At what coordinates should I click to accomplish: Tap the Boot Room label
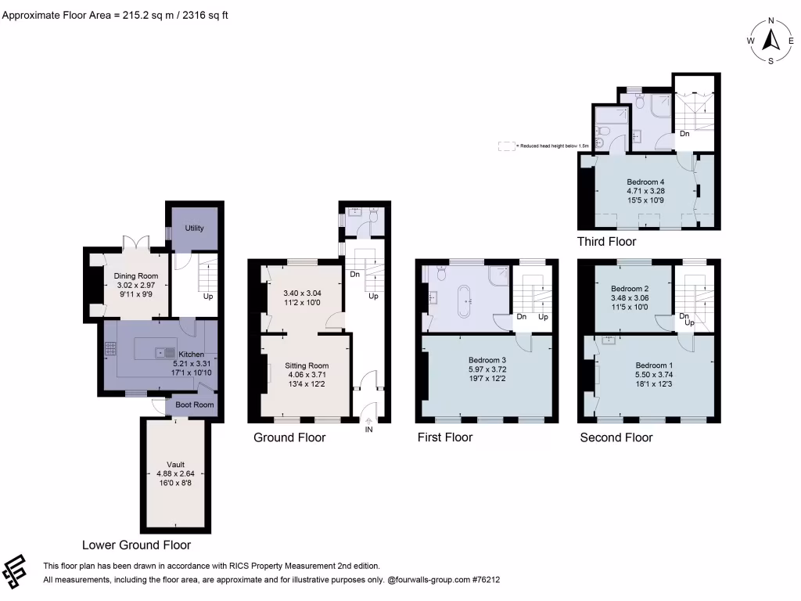tap(194, 405)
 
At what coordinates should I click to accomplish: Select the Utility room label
tap(194, 228)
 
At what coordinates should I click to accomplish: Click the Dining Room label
tap(136, 276)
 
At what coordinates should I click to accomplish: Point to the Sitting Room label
tap(307, 365)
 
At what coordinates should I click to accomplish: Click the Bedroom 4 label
tap(646, 182)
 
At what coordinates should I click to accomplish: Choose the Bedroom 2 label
tap(630, 288)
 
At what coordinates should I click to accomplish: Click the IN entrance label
tap(369, 429)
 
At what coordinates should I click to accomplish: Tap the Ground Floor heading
tap(289, 437)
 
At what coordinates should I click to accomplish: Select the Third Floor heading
tap(606, 242)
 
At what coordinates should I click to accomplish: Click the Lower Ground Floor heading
tap(137, 545)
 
